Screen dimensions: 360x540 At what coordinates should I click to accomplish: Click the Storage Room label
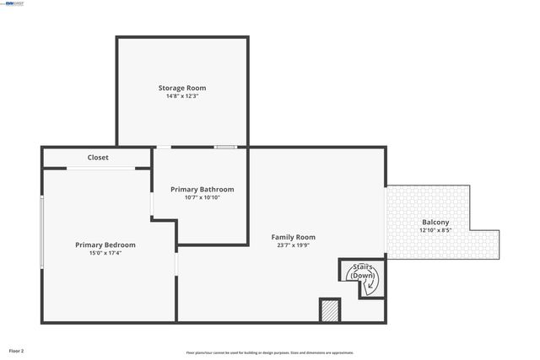tap(182, 88)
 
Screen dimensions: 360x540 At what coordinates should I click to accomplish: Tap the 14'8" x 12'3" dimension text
tap(182, 96)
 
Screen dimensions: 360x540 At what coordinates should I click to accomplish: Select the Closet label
tap(98, 158)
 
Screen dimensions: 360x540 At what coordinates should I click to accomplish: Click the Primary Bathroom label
tap(202, 190)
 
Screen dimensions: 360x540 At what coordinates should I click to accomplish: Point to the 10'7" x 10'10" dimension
tap(202, 197)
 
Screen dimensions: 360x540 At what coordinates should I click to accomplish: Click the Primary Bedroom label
tap(105, 244)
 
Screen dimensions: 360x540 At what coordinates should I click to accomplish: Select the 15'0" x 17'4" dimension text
tap(105, 253)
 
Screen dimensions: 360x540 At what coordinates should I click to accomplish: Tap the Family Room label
tap(293, 237)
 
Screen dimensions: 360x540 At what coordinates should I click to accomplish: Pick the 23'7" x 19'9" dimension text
tap(293, 245)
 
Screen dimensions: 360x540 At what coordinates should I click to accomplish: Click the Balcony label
tap(435, 223)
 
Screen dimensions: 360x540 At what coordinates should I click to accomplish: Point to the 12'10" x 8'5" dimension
tap(435, 232)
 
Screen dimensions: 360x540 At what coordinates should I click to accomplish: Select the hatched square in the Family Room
tap(330, 310)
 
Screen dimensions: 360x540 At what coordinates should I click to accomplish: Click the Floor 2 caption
tap(17, 350)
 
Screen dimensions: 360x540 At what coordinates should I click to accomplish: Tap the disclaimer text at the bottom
tap(270, 352)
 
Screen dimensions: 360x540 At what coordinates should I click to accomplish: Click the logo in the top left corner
tap(14, 4)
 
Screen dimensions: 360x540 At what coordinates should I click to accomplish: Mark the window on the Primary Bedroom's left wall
tap(42, 233)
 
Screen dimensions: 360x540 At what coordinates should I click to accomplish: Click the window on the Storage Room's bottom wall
tap(224, 148)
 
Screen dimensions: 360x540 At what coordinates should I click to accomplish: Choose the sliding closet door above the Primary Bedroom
tap(101, 169)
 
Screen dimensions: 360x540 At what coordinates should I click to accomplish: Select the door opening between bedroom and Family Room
tap(176, 265)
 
